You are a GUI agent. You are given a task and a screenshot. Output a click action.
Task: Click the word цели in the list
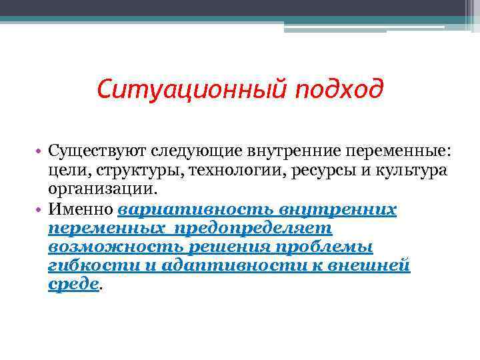pos(65,170)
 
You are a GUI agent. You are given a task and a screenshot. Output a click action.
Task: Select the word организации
pos(102,189)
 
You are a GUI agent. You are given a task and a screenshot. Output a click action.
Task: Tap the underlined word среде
pos(73,285)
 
